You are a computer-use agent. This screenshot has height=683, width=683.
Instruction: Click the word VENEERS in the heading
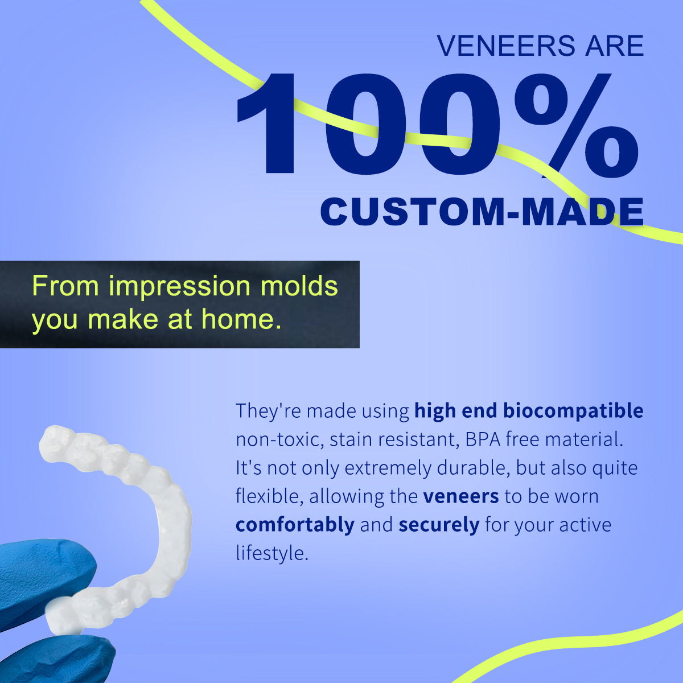506,46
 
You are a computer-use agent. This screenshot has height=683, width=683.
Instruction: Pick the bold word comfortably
295,525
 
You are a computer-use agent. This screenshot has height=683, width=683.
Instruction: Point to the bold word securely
439,525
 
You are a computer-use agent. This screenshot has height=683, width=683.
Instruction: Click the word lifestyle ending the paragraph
272,553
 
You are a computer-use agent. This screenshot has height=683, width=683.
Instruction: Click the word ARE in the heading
615,46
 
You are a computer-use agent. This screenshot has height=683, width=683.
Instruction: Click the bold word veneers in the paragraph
461,496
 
